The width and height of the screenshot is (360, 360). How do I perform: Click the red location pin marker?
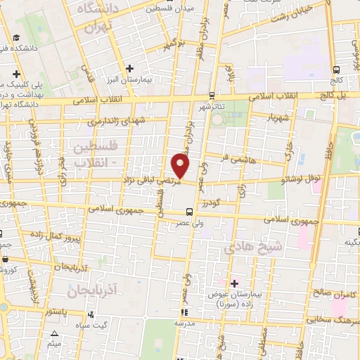[181, 167]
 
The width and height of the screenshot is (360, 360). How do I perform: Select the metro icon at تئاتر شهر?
[212, 95]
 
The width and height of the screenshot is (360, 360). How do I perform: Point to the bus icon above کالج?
[337, 70]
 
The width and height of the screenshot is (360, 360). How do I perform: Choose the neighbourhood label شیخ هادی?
[252, 247]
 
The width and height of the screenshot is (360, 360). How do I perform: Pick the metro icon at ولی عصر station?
[188, 211]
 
